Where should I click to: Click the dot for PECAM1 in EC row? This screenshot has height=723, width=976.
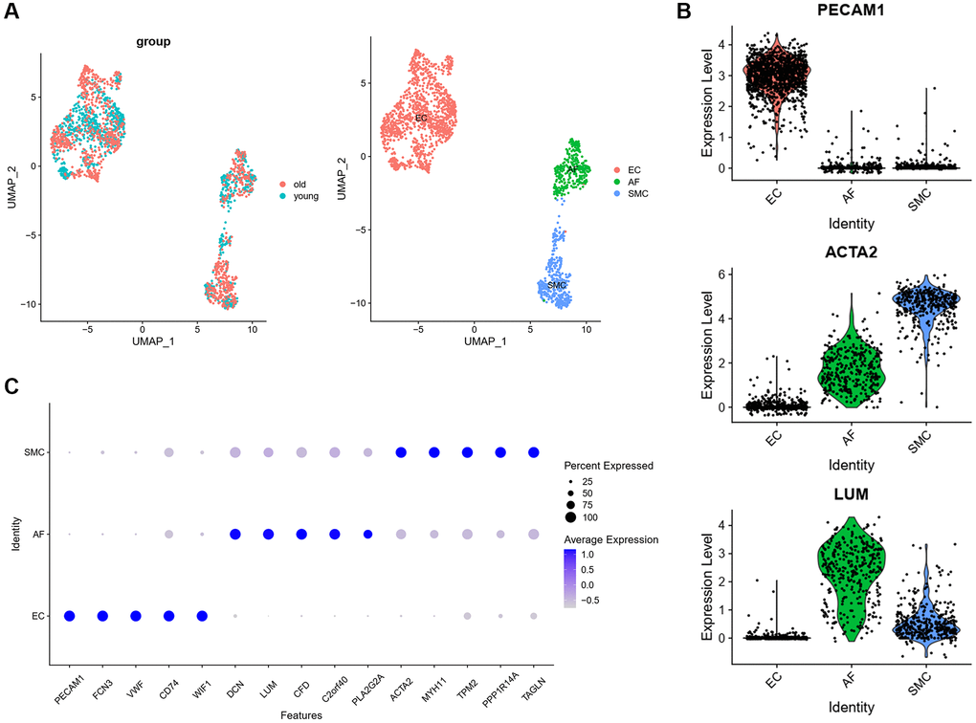(70, 615)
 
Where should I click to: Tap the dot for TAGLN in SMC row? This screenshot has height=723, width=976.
(533, 452)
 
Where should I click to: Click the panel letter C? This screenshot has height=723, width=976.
(11, 386)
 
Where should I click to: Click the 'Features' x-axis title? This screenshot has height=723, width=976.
(300, 714)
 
